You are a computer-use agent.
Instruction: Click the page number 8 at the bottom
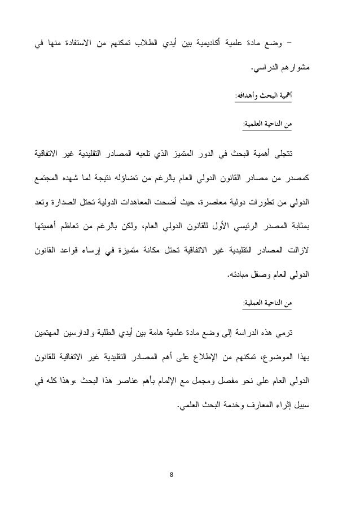(179, 473)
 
